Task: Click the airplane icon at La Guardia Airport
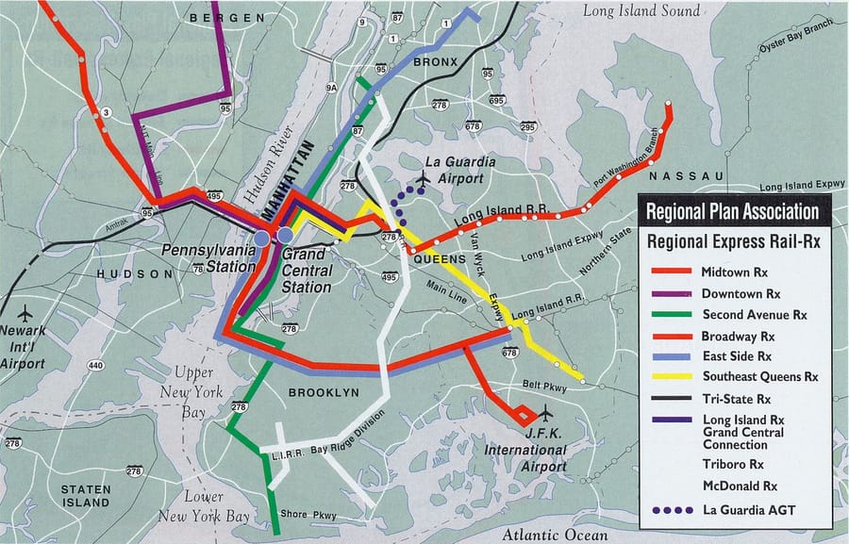pos(424,176)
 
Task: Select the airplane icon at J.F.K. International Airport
pos(544,411)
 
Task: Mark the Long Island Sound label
pos(641,11)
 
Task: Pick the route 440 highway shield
pos(95,365)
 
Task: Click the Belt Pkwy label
pos(541,385)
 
